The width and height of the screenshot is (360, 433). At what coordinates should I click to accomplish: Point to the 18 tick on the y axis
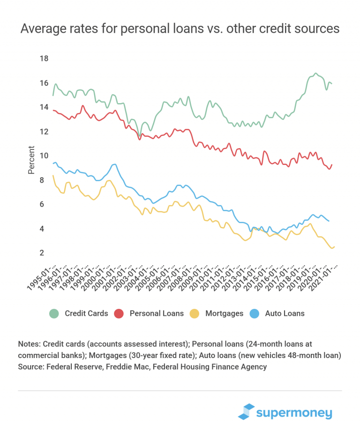pos(45,59)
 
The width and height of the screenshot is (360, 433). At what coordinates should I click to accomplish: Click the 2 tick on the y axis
pos(42,253)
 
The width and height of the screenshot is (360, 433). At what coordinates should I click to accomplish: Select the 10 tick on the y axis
pos(45,156)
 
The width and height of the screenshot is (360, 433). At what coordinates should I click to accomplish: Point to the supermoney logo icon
pos(246,411)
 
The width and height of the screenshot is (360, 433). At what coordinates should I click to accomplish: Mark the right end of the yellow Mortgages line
pos(335,246)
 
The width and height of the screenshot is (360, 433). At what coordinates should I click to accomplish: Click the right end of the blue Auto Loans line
pos(329,221)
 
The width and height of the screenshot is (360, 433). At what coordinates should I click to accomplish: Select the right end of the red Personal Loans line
pos(332,164)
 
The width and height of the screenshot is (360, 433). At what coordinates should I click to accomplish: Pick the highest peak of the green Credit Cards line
pos(315,74)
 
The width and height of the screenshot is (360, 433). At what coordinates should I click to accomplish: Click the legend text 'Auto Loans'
pos(285,313)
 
